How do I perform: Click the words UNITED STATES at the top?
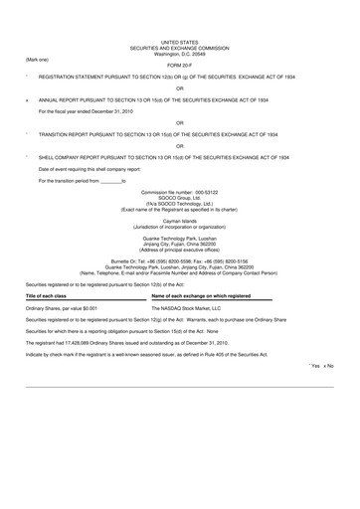tap(179, 40)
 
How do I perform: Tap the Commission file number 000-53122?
tap(179, 192)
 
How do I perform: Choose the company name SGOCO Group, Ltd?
tap(179, 198)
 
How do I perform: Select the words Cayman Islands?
tap(179, 220)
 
